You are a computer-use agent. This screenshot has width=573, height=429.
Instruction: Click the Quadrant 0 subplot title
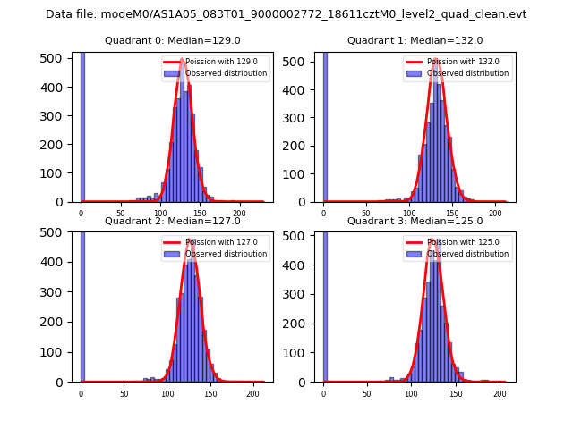coord(172,40)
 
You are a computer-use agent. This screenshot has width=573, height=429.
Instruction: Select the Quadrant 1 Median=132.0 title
coord(415,40)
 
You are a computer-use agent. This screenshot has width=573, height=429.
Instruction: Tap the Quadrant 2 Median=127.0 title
coord(172,221)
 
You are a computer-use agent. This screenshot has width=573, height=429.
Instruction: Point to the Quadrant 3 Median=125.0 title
coord(415,221)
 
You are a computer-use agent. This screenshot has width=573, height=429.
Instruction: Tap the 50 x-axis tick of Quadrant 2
coord(124,394)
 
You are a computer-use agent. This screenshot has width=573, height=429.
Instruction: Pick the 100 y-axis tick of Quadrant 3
coord(301,353)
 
